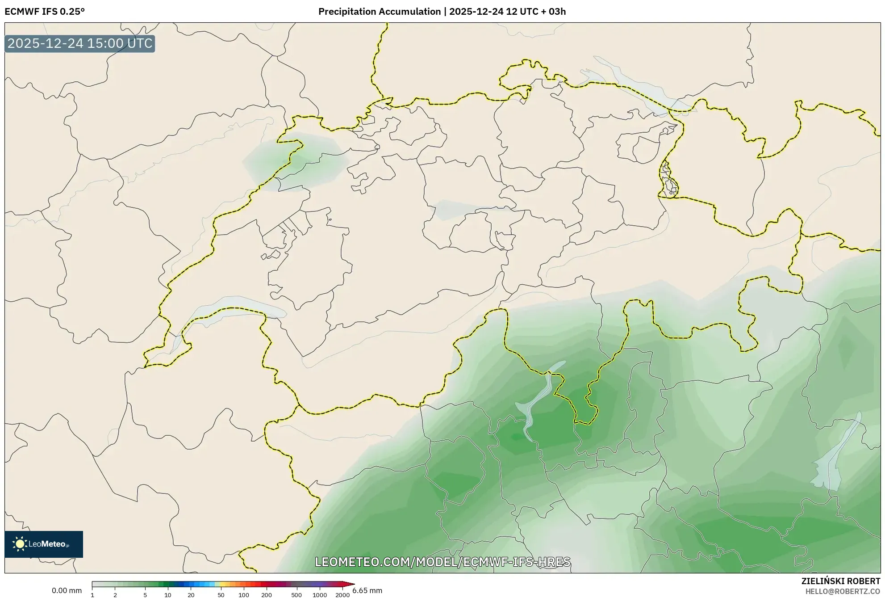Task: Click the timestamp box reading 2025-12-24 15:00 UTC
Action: pyautogui.click(x=80, y=43)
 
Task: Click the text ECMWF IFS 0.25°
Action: pyautogui.click(x=45, y=12)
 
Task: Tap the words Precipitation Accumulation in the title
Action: pyautogui.click(x=379, y=12)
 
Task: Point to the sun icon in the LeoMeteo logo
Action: pyautogui.click(x=20, y=544)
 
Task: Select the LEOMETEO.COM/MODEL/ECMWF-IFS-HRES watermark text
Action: pyautogui.click(x=442, y=562)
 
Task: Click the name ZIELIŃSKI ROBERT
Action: pyautogui.click(x=840, y=581)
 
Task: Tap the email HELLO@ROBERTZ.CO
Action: pyautogui.click(x=843, y=591)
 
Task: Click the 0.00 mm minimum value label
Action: pyautogui.click(x=67, y=590)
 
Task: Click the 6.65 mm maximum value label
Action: pyautogui.click(x=367, y=590)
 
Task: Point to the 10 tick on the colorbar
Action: pyautogui.click(x=167, y=595)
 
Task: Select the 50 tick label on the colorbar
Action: pyautogui.click(x=221, y=595)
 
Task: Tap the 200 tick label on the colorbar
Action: pyautogui.click(x=267, y=595)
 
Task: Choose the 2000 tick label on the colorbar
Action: pyautogui.click(x=342, y=595)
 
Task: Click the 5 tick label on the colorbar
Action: pyautogui.click(x=145, y=595)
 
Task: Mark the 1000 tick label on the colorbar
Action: pyautogui.click(x=320, y=595)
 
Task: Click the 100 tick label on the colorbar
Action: pyautogui.click(x=244, y=595)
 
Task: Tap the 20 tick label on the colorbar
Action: pyautogui.click(x=191, y=595)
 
